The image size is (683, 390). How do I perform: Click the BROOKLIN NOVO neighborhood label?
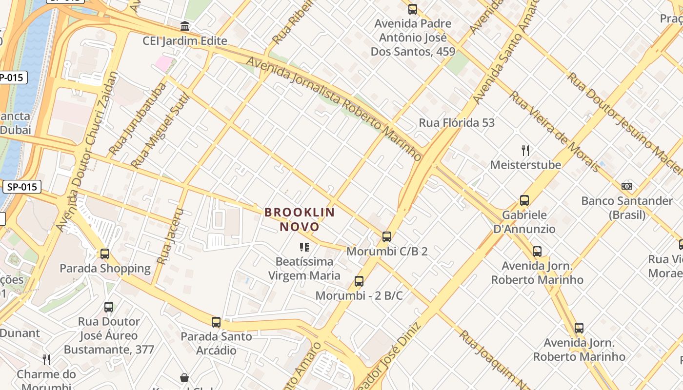[300, 219]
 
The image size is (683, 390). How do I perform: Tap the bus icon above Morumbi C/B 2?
[387, 237]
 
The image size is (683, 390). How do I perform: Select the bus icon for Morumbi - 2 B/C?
[359, 281]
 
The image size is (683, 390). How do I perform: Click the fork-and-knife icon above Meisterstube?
[525, 150]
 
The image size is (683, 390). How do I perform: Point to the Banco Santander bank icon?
[627, 186]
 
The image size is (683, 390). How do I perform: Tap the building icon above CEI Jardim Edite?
[185, 26]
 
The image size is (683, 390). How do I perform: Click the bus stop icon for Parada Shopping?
[105, 254]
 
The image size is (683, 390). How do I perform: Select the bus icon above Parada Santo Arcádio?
[216, 322]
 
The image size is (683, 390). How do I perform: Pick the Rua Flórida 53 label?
[457, 123]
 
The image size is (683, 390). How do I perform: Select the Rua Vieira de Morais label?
[554, 131]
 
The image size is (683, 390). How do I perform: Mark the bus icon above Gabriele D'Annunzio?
[524, 200]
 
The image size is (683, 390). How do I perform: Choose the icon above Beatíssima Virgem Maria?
[304, 247]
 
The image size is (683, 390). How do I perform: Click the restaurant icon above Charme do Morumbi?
[46, 360]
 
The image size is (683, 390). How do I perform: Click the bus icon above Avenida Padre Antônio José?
[413, 9]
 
